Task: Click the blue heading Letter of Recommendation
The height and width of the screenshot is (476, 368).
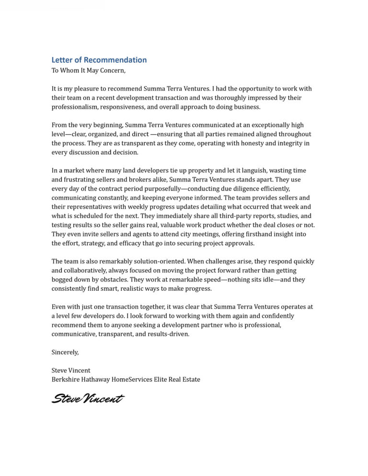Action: (99, 60)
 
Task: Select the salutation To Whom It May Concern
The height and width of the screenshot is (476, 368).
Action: (89, 70)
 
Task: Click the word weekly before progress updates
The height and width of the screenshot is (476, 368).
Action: (132, 207)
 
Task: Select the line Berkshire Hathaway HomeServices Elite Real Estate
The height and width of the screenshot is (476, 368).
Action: (126, 379)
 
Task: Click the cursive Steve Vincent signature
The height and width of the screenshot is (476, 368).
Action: (88, 399)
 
